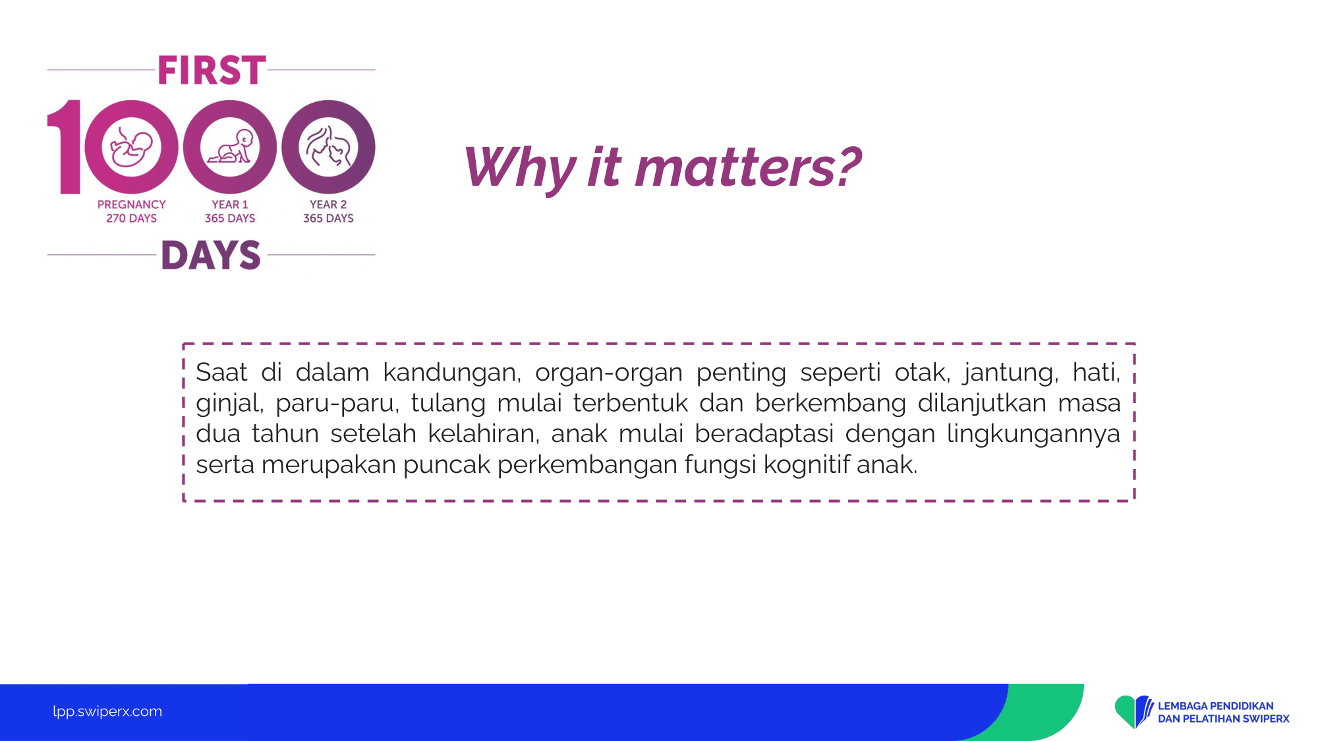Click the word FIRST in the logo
[212, 70]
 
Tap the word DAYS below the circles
[212, 255]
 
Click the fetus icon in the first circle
[131, 147]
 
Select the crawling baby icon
[230, 146]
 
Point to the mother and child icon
[328, 146]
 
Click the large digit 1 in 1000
[65, 147]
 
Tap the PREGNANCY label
[132, 205]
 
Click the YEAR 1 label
[230, 205]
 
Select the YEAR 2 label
[328, 205]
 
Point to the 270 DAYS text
[132, 218]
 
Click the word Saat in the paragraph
[221, 373]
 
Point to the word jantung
[1010, 373]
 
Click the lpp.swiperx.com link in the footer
[107, 712]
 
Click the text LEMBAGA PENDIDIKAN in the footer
[1216, 706]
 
